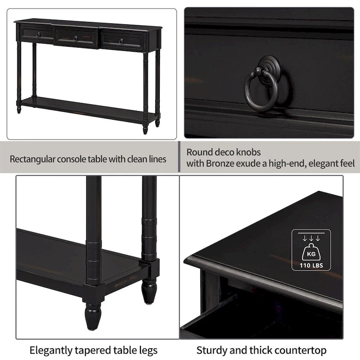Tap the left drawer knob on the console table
38,35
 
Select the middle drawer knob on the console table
75,38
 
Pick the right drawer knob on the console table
121,41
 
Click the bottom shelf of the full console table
85,108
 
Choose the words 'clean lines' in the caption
144,159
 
